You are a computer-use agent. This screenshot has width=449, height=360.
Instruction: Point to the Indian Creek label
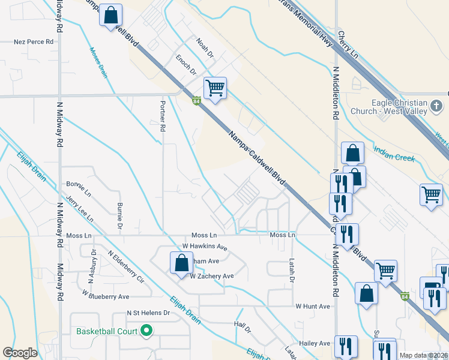(390, 153)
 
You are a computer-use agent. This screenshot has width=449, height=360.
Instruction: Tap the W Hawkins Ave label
(205, 247)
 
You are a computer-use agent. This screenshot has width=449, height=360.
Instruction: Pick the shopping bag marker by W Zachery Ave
(181, 263)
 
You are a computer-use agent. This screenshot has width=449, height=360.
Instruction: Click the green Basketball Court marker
(146, 330)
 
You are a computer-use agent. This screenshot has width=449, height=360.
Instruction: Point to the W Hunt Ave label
(313, 306)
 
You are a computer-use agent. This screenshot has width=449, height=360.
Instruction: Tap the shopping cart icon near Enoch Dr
(215, 88)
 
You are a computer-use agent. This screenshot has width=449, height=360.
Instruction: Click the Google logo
(20, 353)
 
